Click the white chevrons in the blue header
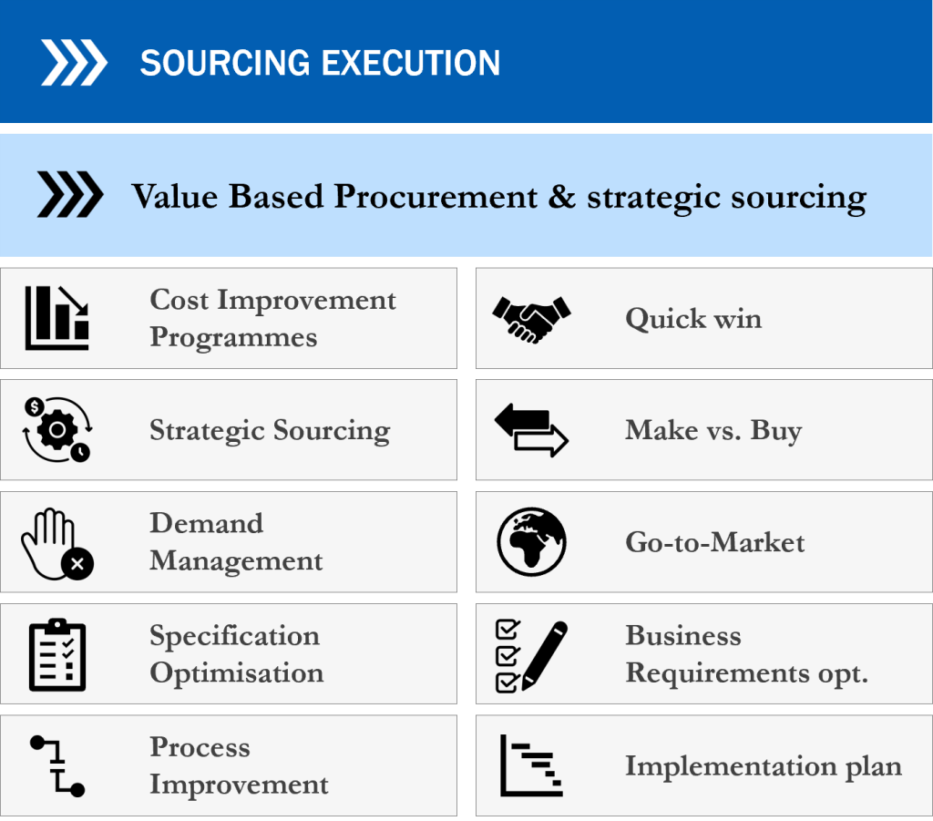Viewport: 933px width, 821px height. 74,63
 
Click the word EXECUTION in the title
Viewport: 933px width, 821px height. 411,63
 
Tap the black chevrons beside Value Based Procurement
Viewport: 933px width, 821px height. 70,194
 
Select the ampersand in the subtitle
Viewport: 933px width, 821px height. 561,196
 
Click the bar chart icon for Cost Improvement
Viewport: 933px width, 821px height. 57,318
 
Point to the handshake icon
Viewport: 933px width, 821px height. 531,320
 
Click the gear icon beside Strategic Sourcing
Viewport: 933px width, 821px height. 57,429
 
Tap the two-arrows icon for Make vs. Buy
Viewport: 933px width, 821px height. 531,430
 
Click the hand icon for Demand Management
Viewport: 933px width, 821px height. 57,544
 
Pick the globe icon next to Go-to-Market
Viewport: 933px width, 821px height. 531,541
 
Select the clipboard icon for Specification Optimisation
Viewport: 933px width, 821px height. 57,654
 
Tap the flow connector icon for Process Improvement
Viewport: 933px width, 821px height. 57,766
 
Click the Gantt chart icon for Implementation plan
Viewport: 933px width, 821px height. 531,765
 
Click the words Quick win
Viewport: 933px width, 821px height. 693,319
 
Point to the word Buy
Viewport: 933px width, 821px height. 776,430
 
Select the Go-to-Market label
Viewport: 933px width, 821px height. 714,542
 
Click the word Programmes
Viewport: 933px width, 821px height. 233,337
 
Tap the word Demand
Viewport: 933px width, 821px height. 206,524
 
